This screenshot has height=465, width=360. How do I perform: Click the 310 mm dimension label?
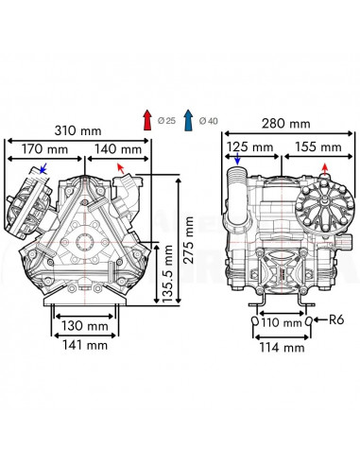[77, 130]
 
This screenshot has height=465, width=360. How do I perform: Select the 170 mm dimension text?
[44, 148]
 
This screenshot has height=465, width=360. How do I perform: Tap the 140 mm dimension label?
[118, 148]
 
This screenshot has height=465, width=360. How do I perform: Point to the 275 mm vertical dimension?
[188, 240]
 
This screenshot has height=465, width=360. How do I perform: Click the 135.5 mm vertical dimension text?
[167, 274]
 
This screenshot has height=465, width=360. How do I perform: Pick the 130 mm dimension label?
[84, 326]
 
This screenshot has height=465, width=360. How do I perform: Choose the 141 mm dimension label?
[85, 345]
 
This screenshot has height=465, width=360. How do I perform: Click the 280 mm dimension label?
[286, 124]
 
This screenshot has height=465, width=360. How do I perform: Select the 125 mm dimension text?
[249, 146]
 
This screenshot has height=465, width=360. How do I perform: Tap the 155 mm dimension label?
[318, 146]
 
